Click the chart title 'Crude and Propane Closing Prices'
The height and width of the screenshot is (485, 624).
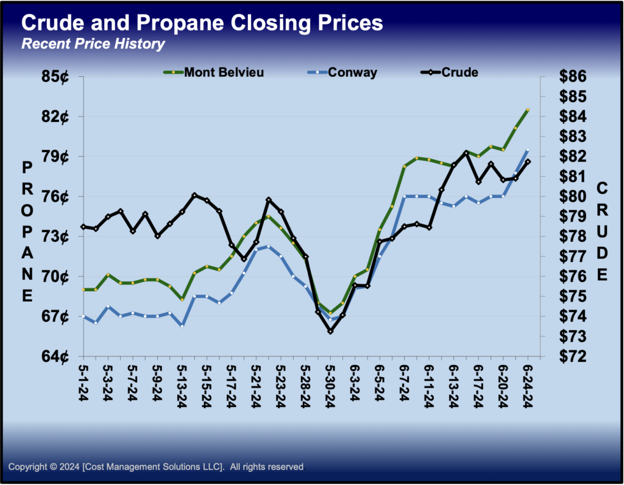click(202, 23)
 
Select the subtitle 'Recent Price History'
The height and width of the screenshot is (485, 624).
click(93, 44)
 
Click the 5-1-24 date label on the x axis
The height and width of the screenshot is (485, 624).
click(83, 383)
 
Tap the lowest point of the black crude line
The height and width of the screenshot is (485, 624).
click(330, 331)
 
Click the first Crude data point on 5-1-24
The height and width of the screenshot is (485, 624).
click(83, 227)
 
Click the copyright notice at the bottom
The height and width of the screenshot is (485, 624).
click(156, 467)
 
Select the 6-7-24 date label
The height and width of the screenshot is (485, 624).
click(404, 383)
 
